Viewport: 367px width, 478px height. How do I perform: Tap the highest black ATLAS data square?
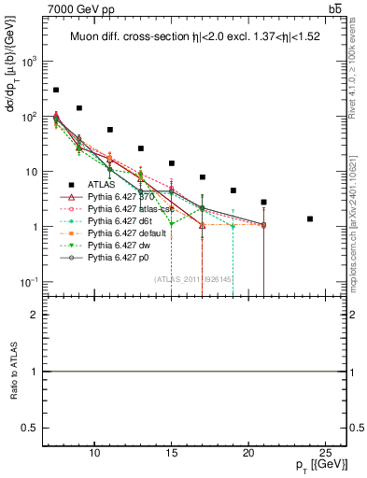point(56,91)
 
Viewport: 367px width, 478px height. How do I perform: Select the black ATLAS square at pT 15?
point(172,163)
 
